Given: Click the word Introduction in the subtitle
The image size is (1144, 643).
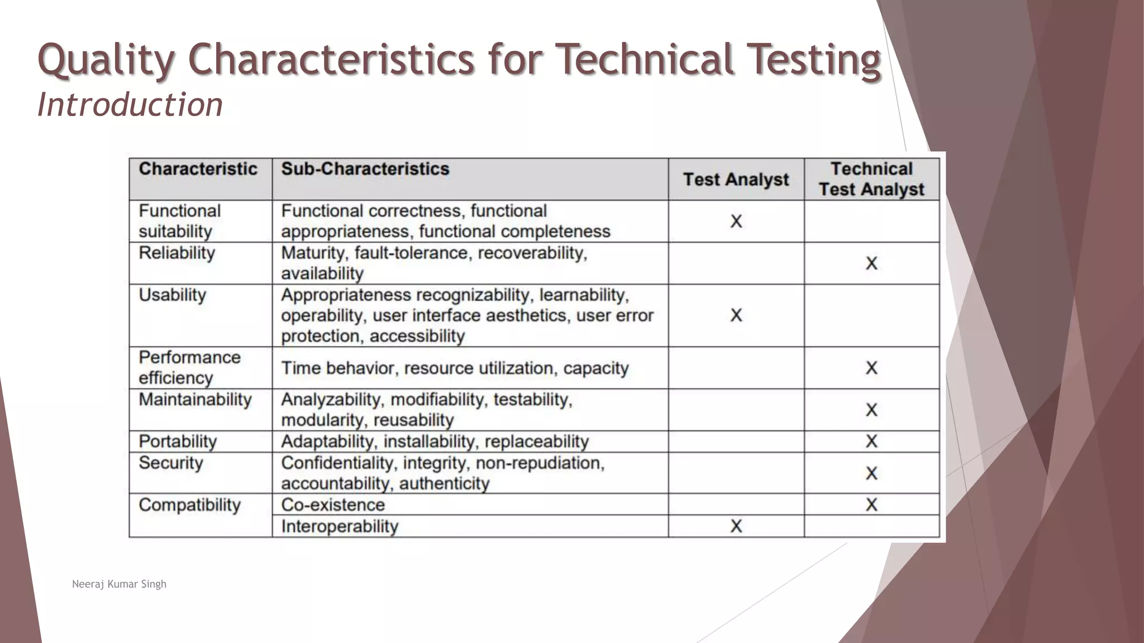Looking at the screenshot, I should (130, 105).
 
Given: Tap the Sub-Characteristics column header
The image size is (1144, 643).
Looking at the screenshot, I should (365, 169).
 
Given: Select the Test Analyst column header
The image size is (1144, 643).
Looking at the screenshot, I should (736, 180).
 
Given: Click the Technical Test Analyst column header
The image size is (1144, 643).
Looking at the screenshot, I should (871, 179).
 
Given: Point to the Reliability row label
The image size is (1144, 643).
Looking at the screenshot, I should (177, 253).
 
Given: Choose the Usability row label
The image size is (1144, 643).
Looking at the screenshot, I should (172, 295).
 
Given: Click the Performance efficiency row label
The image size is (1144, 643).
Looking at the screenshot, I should (189, 367).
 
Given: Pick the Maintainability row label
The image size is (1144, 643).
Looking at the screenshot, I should (195, 400).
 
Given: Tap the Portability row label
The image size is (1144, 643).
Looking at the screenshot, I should (177, 442).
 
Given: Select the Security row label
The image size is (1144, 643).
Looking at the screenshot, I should (170, 463).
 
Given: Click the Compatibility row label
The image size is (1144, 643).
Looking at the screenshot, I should (189, 505).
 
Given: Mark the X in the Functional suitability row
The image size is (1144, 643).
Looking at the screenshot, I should (736, 222).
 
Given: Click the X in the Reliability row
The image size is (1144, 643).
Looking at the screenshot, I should (871, 263).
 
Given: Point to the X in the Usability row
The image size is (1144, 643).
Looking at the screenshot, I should (736, 315).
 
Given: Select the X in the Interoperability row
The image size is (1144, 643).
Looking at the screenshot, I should (736, 526).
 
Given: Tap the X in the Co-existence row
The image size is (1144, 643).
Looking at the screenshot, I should (871, 505).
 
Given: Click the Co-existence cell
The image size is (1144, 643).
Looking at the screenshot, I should (333, 505).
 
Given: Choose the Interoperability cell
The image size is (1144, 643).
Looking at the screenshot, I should (340, 526).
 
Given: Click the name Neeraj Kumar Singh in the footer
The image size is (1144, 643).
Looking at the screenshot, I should (119, 584).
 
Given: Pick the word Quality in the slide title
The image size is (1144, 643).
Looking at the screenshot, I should (106, 59).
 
